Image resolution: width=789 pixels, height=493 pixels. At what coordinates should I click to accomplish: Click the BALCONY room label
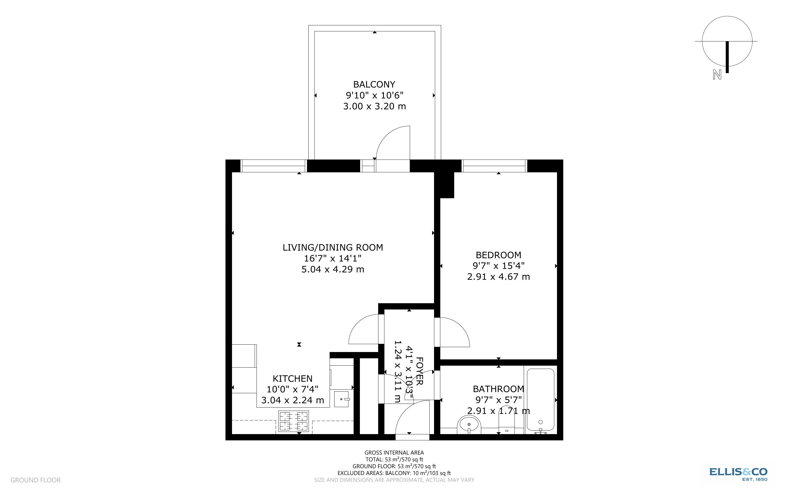click(x=374, y=85)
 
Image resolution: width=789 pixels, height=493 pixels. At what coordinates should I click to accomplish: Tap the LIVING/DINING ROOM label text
click(x=332, y=248)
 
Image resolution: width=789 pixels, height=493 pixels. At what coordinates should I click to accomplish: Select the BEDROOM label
click(x=498, y=255)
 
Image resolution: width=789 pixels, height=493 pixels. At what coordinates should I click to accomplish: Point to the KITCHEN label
click(x=292, y=378)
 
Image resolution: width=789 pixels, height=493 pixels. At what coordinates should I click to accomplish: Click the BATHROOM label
click(x=498, y=389)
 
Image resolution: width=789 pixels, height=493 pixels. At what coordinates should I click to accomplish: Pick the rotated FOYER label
click(x=419, y=371)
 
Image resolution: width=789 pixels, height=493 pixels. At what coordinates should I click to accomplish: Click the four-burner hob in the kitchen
click(x=293, y=421)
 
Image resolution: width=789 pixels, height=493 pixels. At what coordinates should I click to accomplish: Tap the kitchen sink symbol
click(x=342, y=399)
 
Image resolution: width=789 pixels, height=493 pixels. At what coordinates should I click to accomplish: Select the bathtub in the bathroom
click(x=540, y=400)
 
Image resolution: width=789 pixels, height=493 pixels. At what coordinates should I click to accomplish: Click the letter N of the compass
click(x=717, y=75)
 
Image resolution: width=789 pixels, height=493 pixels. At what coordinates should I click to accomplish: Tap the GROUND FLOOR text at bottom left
click(x=35, y=480)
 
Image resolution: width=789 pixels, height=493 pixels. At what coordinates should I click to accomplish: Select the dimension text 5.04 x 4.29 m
click(x=332, y=269)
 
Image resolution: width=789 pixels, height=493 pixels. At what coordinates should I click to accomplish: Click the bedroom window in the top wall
click(x=494, y=166)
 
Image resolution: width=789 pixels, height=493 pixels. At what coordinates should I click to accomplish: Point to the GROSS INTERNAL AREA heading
click(x=394, y=453)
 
